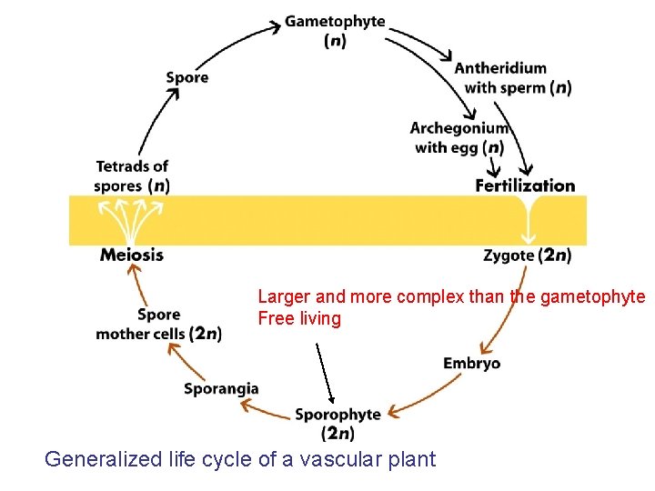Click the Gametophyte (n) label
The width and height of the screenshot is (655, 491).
335,31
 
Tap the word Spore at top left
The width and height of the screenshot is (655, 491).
187,77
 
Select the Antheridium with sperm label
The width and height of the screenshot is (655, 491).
512,78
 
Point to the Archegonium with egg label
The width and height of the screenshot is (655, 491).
458,138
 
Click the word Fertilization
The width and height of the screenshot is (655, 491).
525,185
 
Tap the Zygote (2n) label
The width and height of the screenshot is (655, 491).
527,256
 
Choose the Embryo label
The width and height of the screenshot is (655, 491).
471,364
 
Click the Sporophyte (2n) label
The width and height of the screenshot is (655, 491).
338,424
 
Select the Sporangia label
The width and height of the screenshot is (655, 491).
221,388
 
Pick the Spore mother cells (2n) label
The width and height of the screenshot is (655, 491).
158,325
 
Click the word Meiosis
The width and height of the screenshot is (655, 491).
132,255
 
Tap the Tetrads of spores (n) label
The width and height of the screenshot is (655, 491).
132,175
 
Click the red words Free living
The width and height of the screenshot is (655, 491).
299,318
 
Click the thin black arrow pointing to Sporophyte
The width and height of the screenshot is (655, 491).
325,374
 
